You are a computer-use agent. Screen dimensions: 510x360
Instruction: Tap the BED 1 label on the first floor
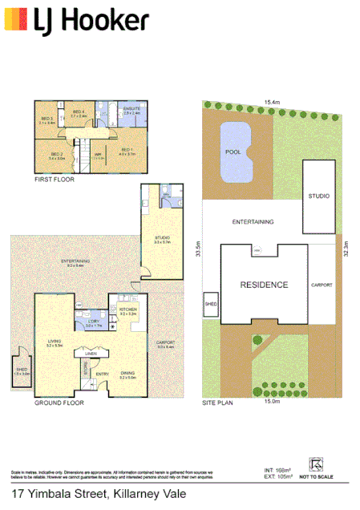click(x=126, y=150)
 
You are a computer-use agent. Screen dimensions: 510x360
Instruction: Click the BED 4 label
click(x=79, y=112)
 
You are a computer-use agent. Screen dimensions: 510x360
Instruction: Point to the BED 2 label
click(x=56, y=154)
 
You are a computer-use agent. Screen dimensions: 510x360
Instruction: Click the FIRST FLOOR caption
click(x=55, y=181)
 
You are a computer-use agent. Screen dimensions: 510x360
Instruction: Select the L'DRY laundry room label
click(x=95, y=322)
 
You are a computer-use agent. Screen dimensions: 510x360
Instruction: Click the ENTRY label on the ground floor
click(x=102, y=374)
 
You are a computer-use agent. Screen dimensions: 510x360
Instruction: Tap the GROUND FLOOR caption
click(x=59, y=403)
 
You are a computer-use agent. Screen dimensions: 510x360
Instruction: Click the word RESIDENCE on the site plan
click(x=265, y=285)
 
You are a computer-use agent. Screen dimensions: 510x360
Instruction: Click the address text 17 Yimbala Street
click(x=60, y=497)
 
